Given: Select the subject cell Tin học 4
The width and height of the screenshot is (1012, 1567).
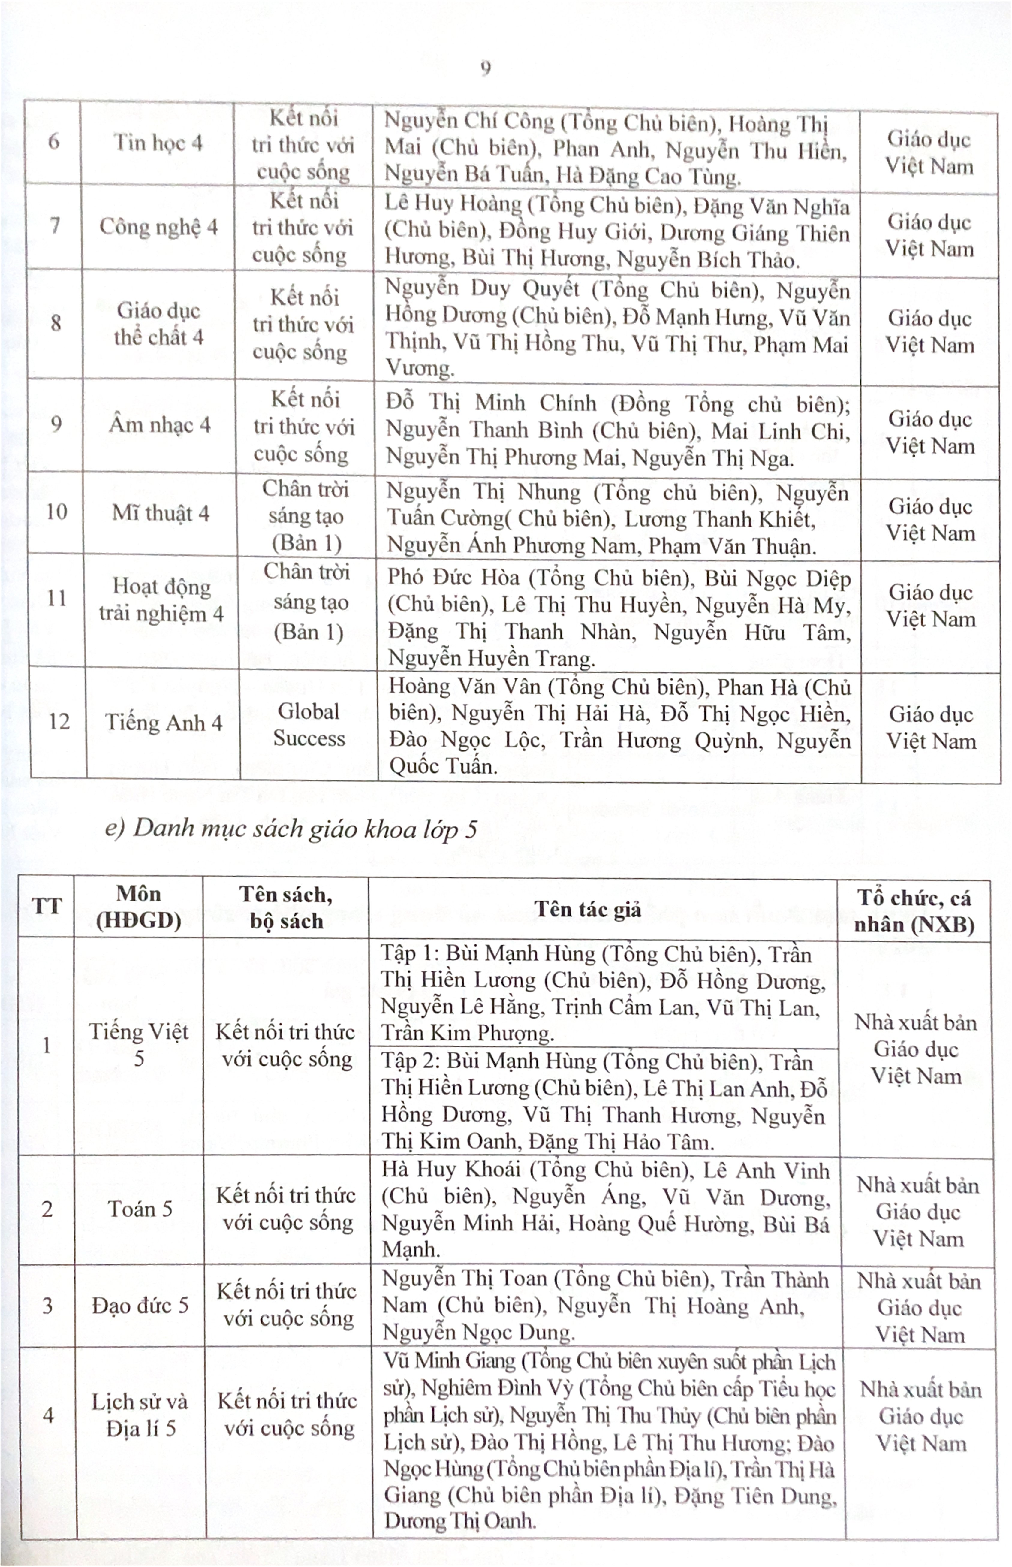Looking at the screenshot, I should [x=158, y=143].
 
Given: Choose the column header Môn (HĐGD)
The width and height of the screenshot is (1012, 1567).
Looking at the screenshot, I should [x=139, y=907].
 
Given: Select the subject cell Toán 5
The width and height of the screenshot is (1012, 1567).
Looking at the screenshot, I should [x=140, y=1208].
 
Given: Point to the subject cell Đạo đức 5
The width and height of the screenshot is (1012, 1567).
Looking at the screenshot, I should [x=140, y=1305].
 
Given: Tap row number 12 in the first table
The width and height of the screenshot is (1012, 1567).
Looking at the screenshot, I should [x=59, y=722].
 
